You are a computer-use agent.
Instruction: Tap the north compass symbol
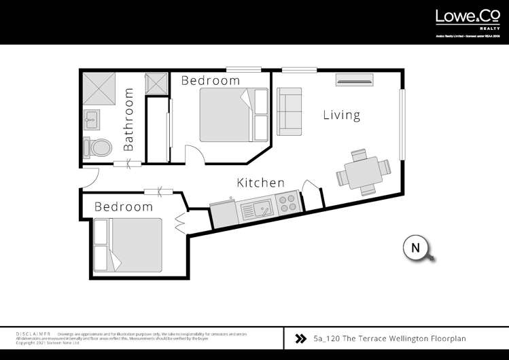(416, 248)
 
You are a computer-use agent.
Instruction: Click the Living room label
(341, 115)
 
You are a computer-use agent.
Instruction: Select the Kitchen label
(260, 183)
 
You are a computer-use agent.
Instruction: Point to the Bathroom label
(129, 120)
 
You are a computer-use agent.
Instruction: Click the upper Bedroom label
(210, 80)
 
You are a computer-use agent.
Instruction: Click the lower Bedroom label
(123, 206)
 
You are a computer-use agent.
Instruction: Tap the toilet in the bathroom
(99, 147)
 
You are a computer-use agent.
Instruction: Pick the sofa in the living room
(289, 110)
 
